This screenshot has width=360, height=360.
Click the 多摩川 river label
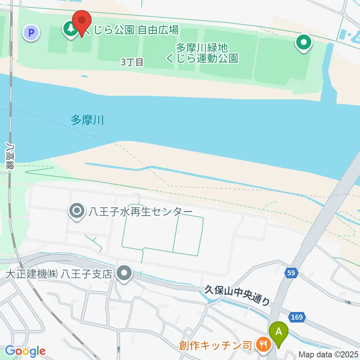coord(87,120)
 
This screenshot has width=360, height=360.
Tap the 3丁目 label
coord(132,62)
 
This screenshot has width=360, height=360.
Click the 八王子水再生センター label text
coord(140,212)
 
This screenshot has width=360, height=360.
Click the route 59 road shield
coord(291,273)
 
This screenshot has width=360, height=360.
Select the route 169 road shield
coord(296,317)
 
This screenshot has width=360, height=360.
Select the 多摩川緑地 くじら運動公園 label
coord(207,53)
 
